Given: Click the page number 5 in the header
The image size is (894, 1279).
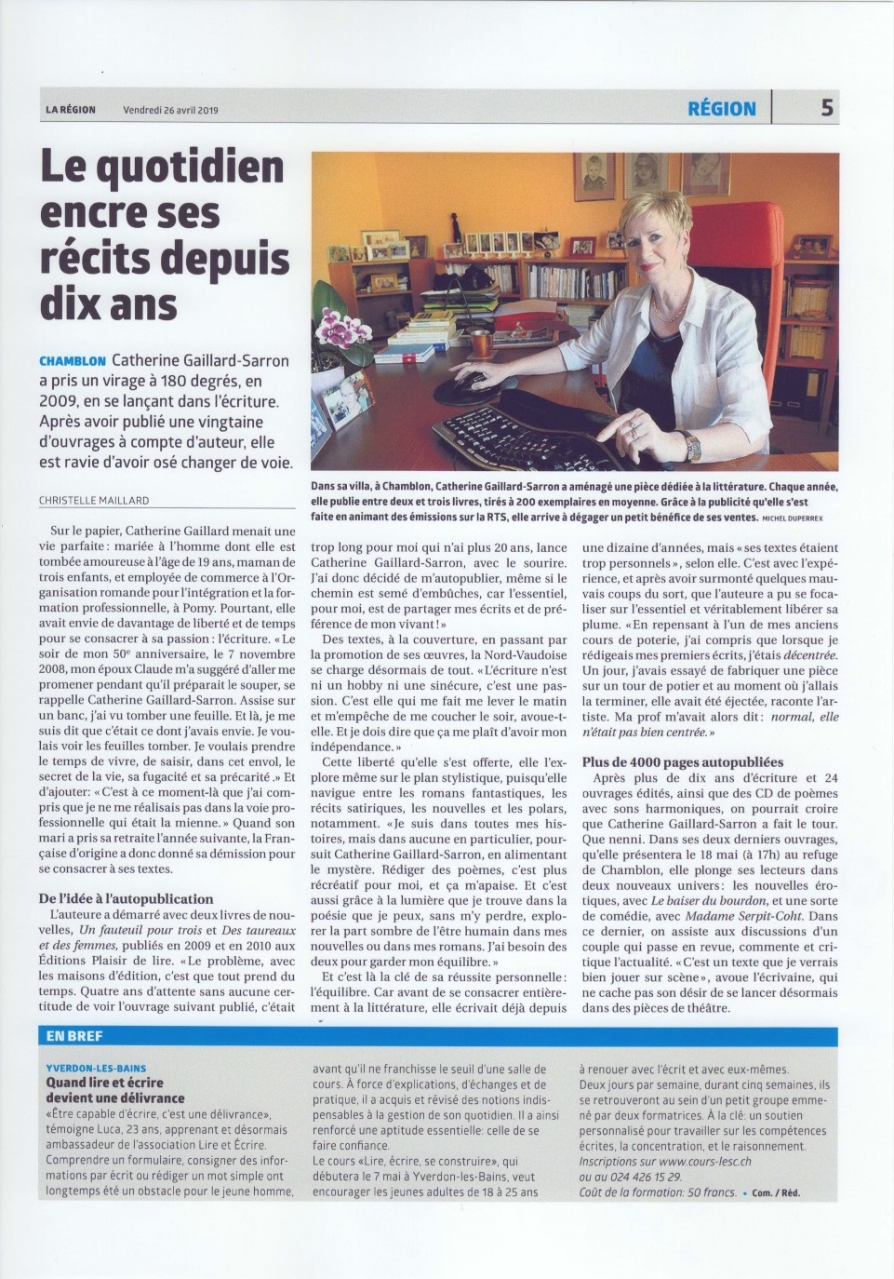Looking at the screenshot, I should [x=826, y=108].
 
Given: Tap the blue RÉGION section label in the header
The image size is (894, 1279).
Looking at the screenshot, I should [x=721, y=108].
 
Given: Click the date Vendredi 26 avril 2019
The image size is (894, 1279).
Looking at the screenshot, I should [x=170, y=110].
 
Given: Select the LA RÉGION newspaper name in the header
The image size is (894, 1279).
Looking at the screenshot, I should [x=71, y=110].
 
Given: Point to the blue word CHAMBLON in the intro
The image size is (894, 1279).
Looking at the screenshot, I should [x=73, y=361].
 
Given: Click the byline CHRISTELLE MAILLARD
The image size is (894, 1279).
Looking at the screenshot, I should [x=94, y=500].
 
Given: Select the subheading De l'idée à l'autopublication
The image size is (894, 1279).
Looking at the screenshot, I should [x=126, y=898].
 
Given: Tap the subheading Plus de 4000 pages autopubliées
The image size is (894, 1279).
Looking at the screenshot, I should [x=683, y=761].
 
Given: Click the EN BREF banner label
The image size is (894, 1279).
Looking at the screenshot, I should [x=75, y=1036].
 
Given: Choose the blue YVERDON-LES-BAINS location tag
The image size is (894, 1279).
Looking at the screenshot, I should [x=96, y=1069].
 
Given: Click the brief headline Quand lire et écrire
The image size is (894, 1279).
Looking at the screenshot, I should [x=104, y=1083].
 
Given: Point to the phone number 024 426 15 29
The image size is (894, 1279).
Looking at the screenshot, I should [x=640, y=1176].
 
